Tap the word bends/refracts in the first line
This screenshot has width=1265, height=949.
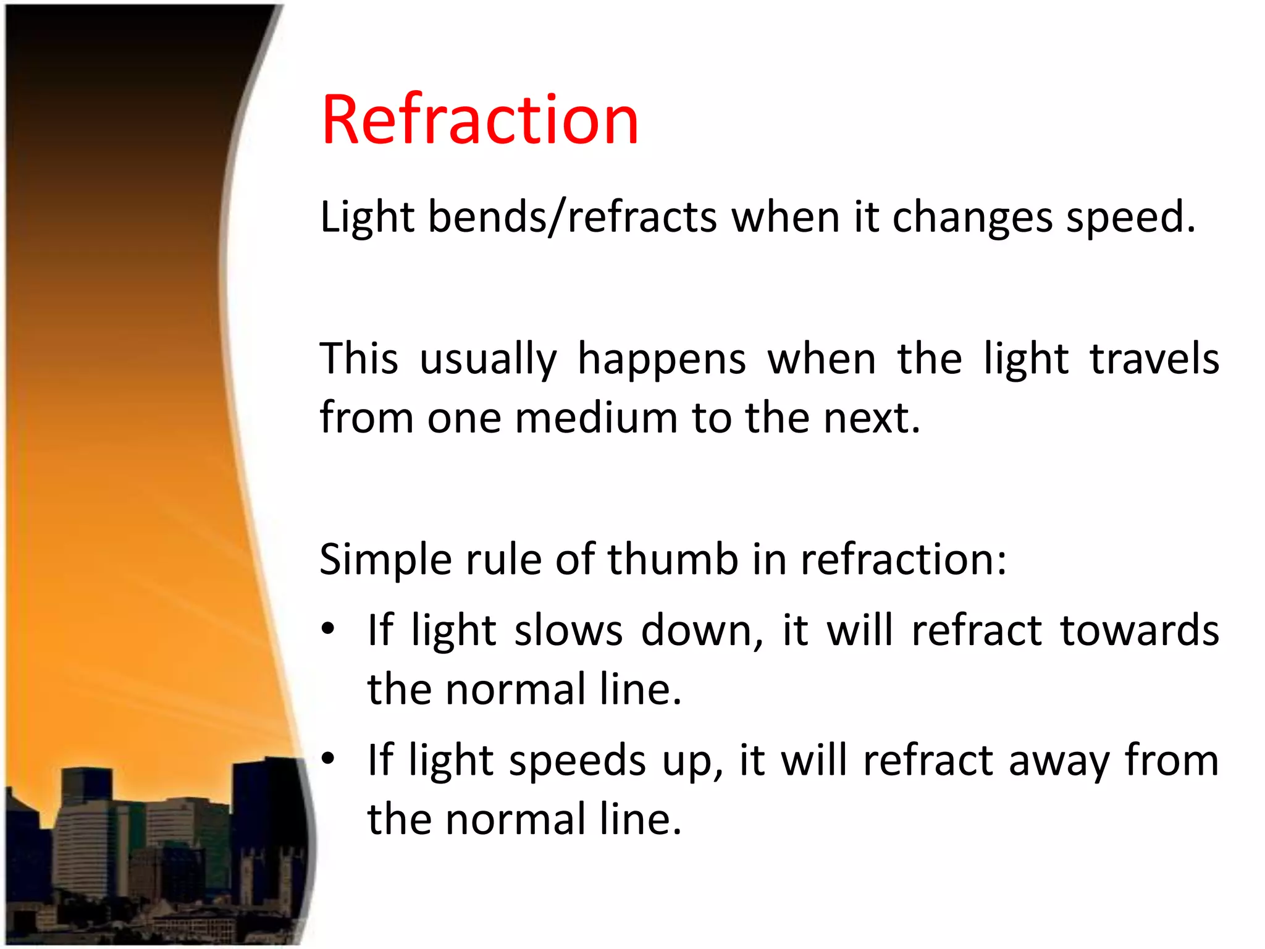click(x=573, y=217)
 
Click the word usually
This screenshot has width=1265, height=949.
click(x=488, y=360)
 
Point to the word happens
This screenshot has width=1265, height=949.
click(x=662, y=360)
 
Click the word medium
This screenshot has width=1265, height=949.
click(x=596, y=418)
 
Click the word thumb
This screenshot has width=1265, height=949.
click(x=673, y=559)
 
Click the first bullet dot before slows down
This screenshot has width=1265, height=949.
click(x=328, y=628)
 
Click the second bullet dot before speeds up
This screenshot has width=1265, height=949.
click(x=328, y=758)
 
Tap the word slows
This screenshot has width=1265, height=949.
click(x=568, y=631)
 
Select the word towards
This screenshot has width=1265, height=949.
click(x=1139, y=631)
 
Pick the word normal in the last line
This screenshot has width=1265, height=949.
click(x=515, y=820)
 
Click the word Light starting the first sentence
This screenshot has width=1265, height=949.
click(x=367, y=217)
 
